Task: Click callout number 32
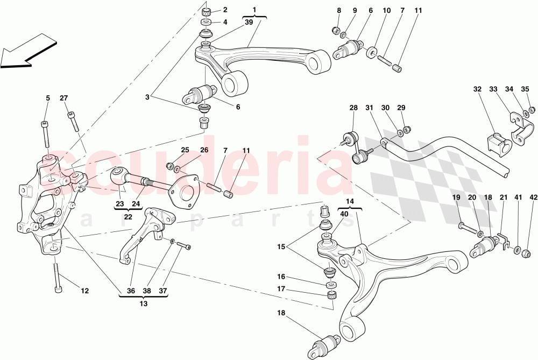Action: (x=478, y=89)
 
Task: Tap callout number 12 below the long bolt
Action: (x=84, y=292)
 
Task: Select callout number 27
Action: (x=64, y=98)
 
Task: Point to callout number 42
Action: (x=533, y=198)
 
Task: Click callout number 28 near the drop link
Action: (x=353, y=108)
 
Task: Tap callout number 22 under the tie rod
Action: (x=128, y=216)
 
